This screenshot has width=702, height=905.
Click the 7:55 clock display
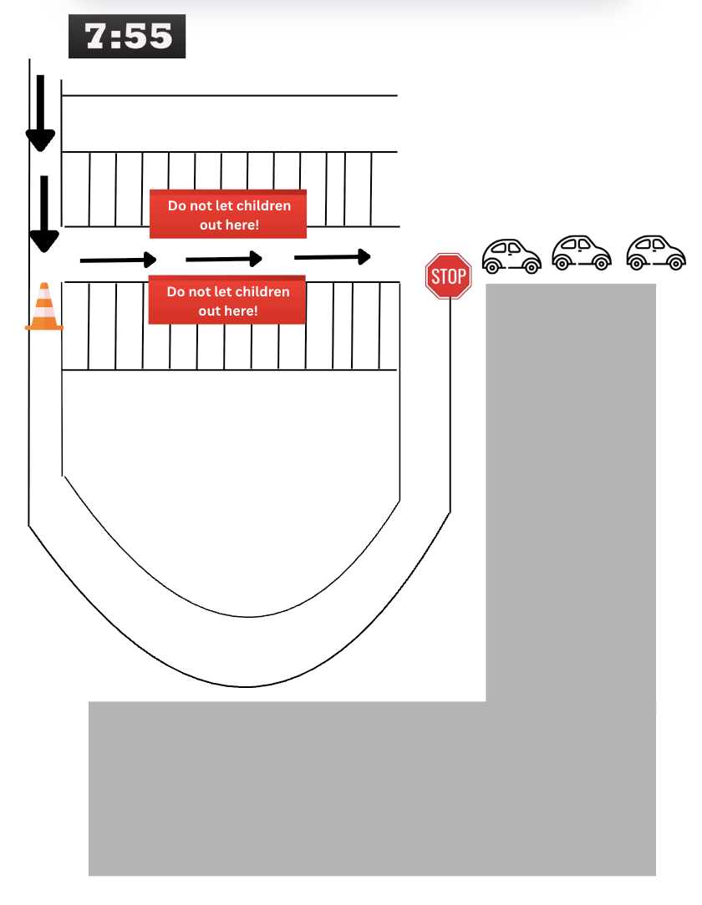(127, 37)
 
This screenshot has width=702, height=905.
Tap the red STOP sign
(449, 276)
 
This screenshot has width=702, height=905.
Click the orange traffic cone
(44, 308)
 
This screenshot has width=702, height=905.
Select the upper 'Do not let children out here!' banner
(228, 215)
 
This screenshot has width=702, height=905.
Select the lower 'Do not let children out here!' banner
(227, 301)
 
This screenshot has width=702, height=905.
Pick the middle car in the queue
(582, 253)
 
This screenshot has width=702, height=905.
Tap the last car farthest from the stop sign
(656, 253)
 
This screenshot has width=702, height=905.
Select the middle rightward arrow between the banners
(224, 260)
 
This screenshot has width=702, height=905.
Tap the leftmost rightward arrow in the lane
(118, 260)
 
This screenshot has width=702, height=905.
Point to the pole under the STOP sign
(451, 401)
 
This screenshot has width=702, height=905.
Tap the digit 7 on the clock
(97, 37)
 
